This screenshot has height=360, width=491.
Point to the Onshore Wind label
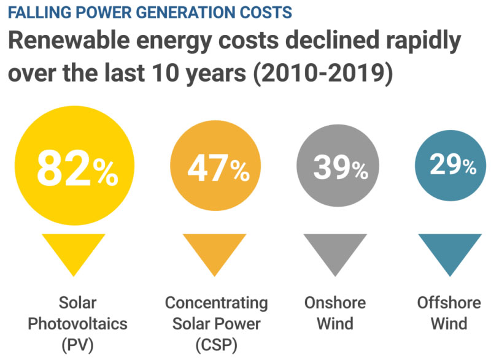coord(335,313)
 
